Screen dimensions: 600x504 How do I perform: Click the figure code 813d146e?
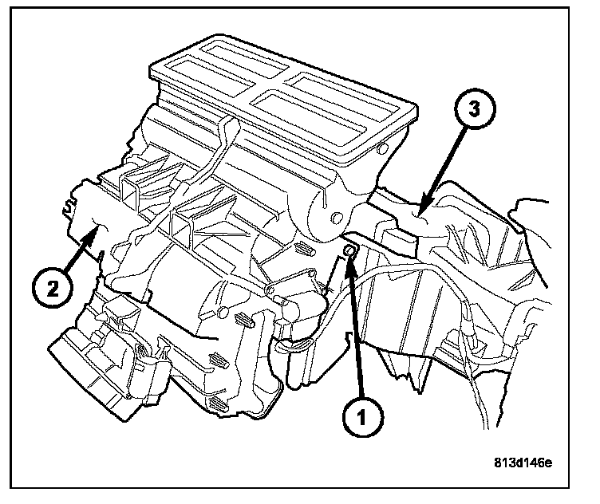[x=522, y=462]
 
